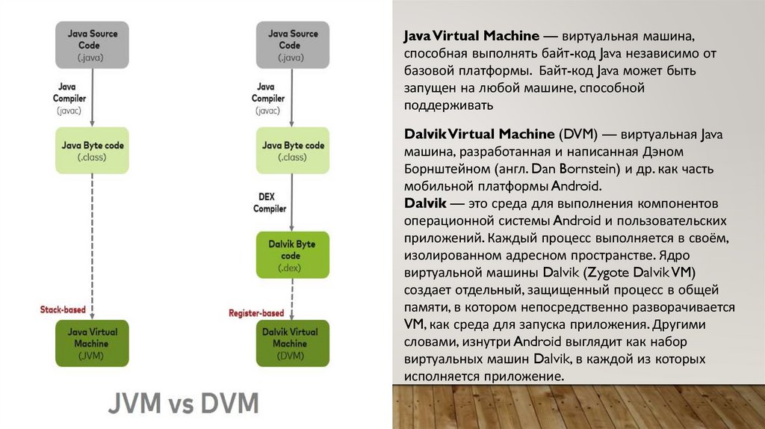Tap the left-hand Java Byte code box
point(92,151)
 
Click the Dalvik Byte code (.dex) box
point(291,255)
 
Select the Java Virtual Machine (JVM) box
point(92,343)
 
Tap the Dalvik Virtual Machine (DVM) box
point(291,343)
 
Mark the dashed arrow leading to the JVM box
point(92,247)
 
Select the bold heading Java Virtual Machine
point(471,36)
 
